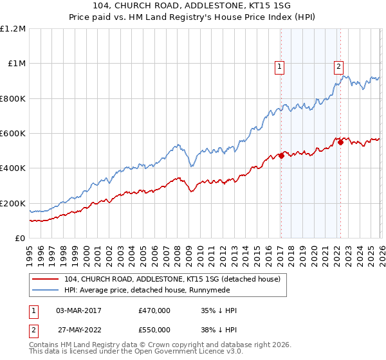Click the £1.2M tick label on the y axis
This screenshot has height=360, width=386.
click(13, 29)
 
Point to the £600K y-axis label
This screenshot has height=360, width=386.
click(13, 134)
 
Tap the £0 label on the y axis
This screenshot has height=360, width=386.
click(19, 239)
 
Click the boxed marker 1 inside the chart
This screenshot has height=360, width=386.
click(280, 65)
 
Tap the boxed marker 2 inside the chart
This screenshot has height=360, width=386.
click(338, 65)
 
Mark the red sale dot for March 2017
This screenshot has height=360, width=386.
click(281, 156)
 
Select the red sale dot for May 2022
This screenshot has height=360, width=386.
click(340, 142)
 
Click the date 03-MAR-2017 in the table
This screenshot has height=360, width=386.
click(78, 310)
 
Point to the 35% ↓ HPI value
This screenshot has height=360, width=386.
click(219, 310)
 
